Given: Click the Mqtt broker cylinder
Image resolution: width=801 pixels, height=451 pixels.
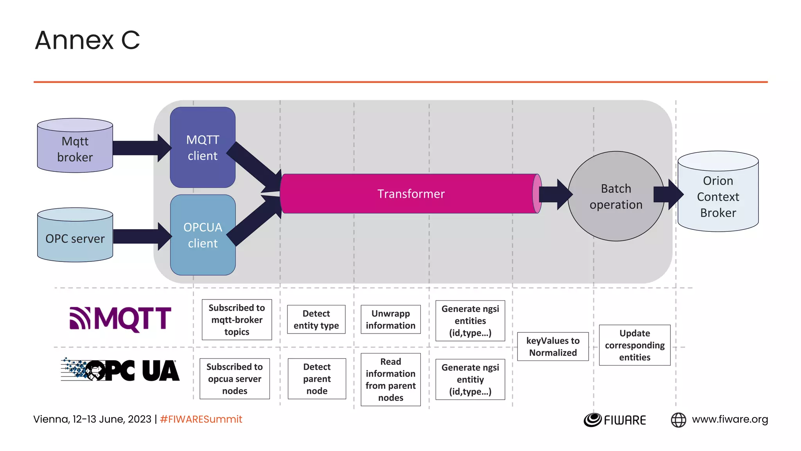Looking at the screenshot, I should click(75, 149).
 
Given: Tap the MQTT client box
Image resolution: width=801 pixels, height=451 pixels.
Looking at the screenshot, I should click(203, 148).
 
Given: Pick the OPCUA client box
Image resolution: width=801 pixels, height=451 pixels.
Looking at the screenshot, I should click(203, 235).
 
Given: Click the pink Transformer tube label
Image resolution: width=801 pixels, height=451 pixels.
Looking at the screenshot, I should click(411, 194).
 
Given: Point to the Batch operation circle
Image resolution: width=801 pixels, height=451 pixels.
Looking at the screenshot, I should click(616, 196).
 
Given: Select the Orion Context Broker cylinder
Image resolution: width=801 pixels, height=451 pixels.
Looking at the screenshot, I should click(718, 196).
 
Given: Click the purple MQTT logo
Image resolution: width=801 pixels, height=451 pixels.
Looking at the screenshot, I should click(120, 319).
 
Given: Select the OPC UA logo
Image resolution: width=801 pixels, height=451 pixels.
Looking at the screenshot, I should click(120, 370).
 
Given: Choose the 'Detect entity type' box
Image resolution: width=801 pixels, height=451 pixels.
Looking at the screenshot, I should click(316, 319).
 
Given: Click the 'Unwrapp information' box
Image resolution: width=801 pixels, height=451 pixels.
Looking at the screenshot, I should click(390, 319).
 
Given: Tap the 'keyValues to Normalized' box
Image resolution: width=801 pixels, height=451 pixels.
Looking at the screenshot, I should click(553, 346).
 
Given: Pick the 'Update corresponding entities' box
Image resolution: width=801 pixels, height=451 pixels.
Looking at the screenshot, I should click(634, 345).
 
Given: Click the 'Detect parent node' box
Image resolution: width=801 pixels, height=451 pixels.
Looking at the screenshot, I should click(317, 379).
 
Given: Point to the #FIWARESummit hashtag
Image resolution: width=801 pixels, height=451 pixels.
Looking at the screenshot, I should click(201, 419).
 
